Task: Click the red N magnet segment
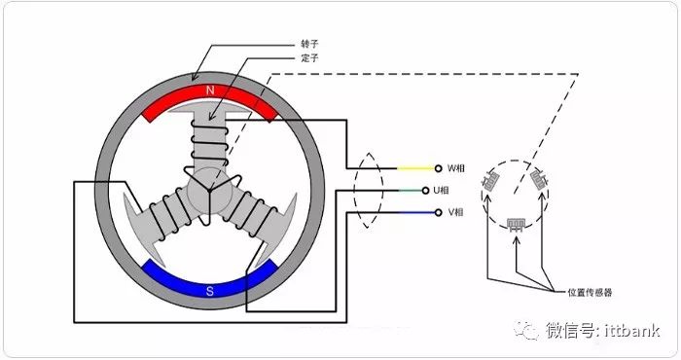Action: (209, 93)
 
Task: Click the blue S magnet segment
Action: (210, 288)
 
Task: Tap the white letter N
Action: (210, 90)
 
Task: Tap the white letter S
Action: (210, 291)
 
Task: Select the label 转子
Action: (309, 44)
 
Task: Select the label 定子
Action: (309, 57)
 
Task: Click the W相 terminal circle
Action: (438, 168)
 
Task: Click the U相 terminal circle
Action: (426, 190)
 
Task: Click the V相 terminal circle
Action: (438, 212)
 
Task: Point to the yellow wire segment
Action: (415, 168)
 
